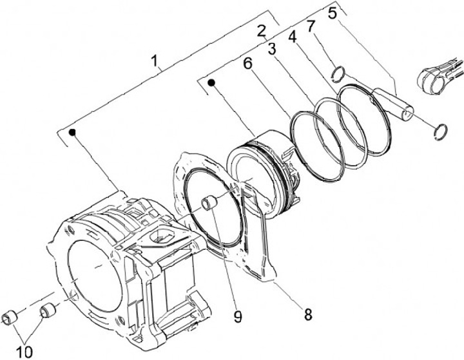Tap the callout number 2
(261, 30)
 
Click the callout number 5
(332, 13)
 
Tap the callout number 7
(311, 26)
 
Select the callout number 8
(308, 314)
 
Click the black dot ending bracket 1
(73, 132)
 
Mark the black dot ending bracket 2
(211, 82)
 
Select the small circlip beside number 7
(336, 75)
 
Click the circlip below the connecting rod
(441, 130)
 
